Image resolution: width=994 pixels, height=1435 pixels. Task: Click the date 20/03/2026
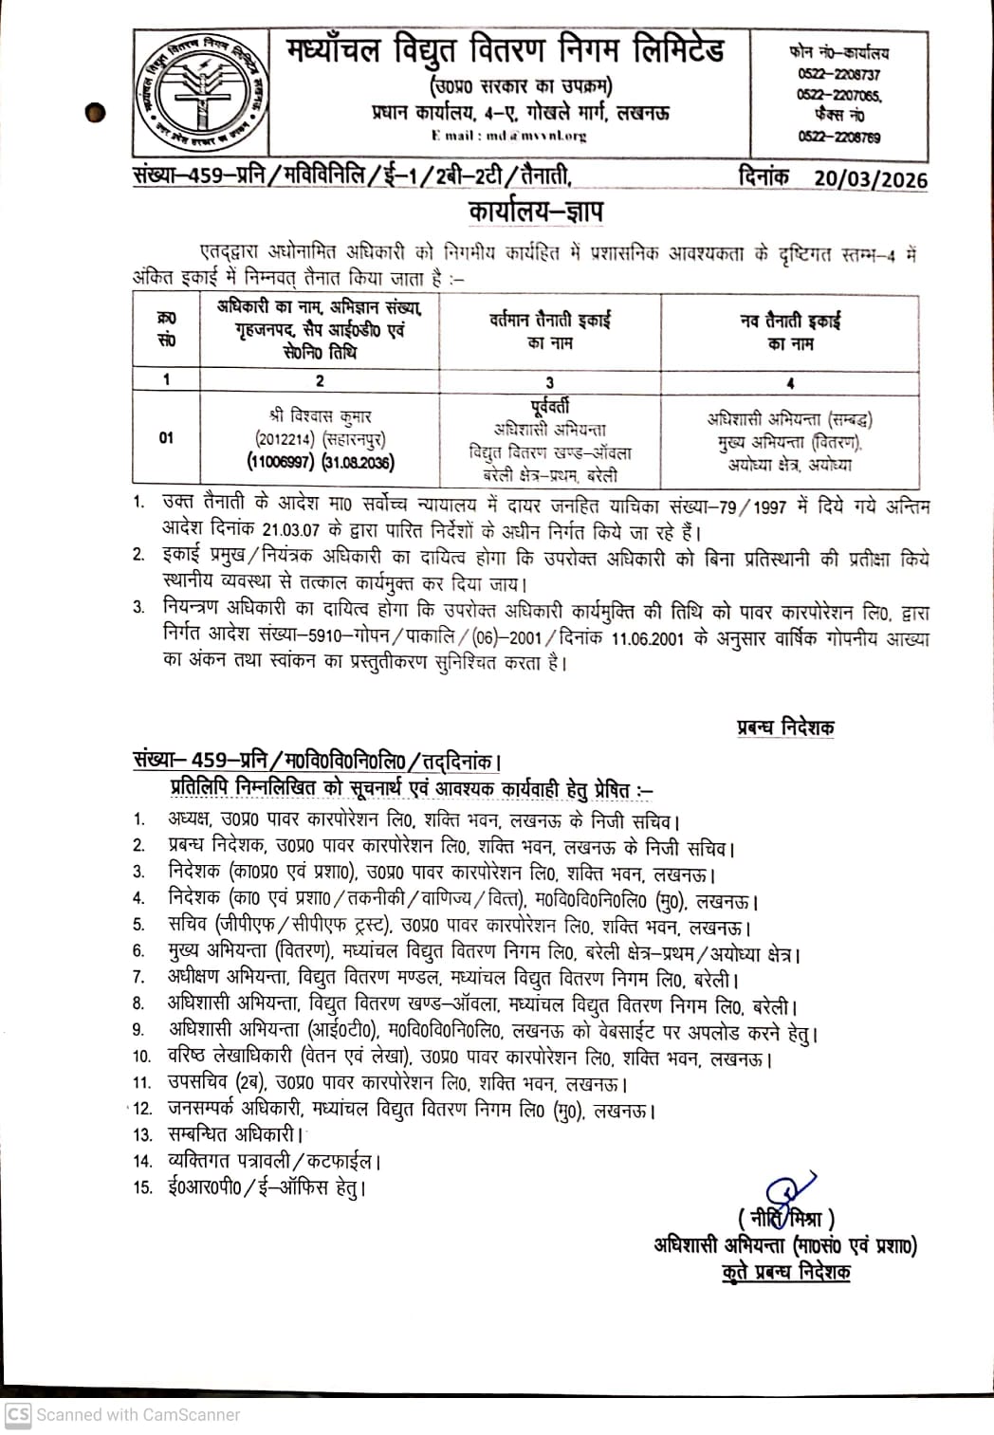870,178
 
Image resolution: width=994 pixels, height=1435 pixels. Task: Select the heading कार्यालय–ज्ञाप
535,211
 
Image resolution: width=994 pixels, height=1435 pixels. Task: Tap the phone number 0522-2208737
838,74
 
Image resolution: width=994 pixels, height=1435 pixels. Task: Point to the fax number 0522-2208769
838,137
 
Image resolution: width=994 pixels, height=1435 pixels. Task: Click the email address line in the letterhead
508,136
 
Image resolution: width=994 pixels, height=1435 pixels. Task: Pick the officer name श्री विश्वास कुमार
320,415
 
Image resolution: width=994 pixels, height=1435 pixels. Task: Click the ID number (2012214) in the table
284,439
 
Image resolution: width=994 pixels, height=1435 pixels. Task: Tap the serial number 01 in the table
166,438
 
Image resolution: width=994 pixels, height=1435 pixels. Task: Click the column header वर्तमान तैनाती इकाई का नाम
550,331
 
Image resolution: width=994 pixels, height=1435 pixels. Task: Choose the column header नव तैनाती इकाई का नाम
790,331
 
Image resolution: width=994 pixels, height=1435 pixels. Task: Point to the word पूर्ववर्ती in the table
549,407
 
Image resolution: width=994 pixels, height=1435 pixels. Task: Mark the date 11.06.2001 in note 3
648,638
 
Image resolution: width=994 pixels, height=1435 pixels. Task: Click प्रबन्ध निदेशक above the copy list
785,728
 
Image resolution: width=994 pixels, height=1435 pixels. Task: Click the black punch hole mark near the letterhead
95,113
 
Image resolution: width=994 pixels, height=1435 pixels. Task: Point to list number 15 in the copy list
142,1187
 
